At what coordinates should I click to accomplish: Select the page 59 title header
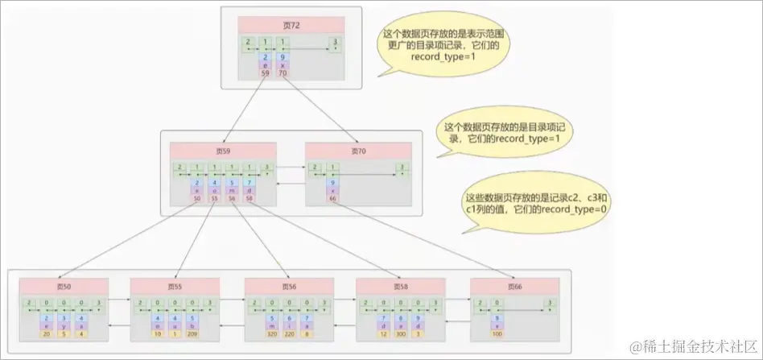pos(223,151)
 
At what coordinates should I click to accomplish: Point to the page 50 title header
pos(64,287)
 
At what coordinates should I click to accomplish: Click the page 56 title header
pos(290,287)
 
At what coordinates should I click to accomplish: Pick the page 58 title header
pos(402,287)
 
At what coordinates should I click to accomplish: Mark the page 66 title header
pos(513,287)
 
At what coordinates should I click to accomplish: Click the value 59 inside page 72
pos(265,72)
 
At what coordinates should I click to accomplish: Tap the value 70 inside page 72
pos(283,72)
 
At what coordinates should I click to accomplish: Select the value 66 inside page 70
pos(332,197)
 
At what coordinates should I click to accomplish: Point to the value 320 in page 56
pos(272,333)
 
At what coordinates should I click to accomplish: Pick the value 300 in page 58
pos(402,333)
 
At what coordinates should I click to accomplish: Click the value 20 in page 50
pos(47,333)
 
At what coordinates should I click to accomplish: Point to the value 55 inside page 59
pos(214,197)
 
